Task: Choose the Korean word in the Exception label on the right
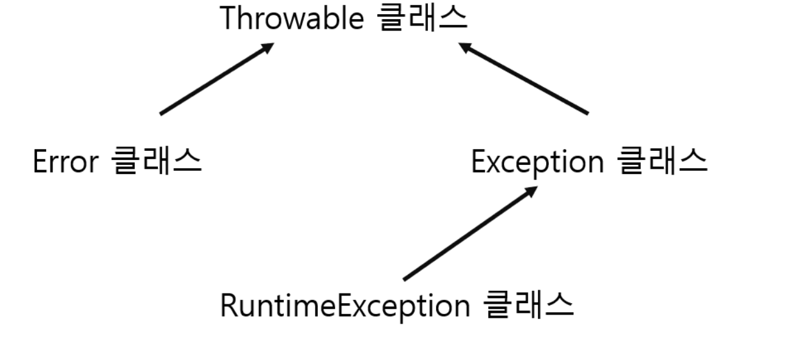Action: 663,162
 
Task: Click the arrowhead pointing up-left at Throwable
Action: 465,47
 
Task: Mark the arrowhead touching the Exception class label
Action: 532,191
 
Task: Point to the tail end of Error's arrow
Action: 161,114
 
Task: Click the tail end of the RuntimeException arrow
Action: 404,279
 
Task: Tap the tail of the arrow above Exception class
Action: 587,114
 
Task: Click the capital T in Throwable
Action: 228,19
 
